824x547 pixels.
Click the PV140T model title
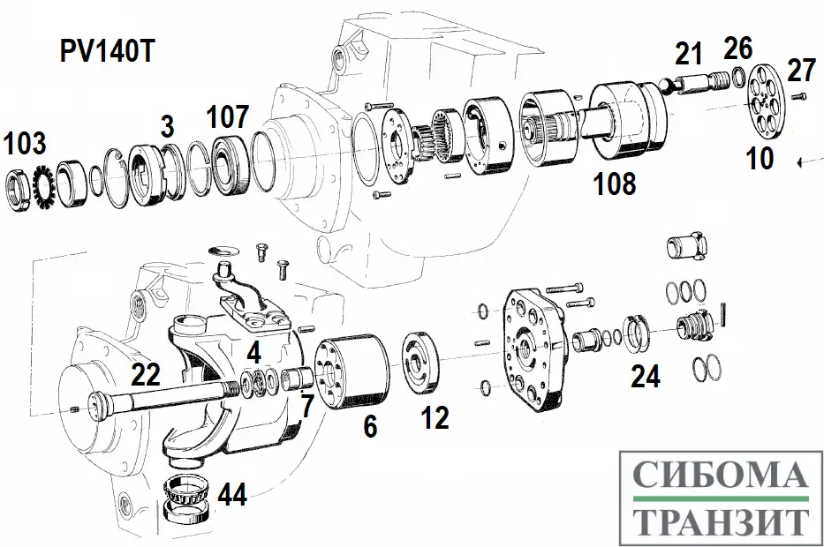click(107, 52)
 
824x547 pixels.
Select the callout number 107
click(228, 116)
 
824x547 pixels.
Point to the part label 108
click(615, 184)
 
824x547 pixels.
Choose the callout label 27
click(800, 70)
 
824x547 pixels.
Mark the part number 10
click(759, 158)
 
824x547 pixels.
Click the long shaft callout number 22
click(147, 375)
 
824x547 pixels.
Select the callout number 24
click(645, 376)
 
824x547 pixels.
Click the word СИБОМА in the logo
click(721, 476)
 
